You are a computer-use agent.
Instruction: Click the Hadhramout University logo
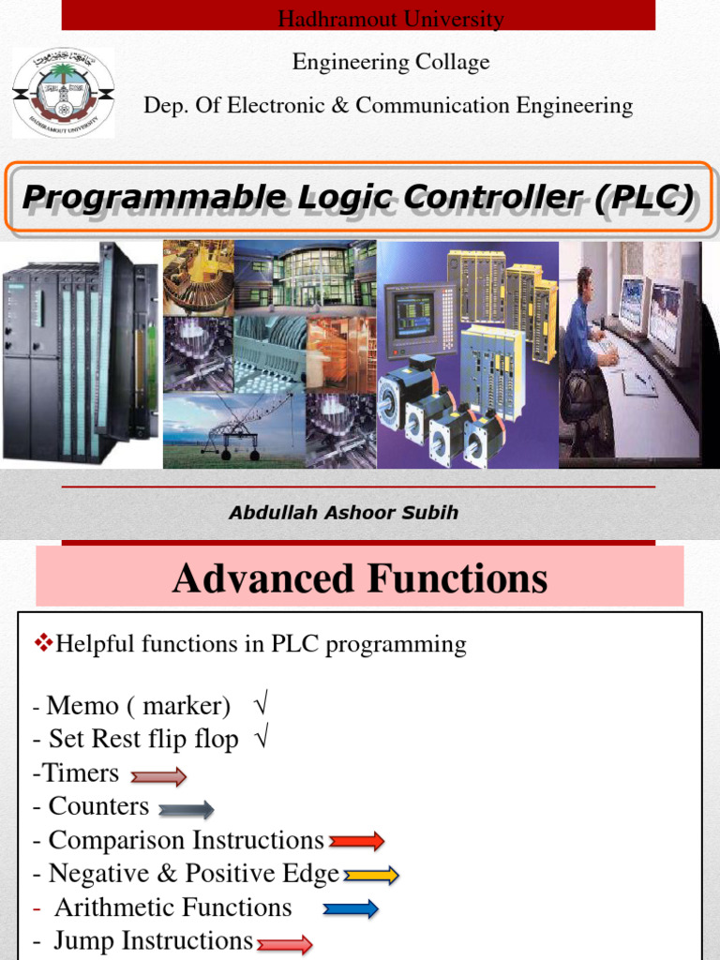click(63, 93)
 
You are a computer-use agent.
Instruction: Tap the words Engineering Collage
click(390, 63)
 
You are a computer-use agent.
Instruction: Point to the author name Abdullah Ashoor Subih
click(343, 513)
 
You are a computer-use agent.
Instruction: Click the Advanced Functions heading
click(359, 578)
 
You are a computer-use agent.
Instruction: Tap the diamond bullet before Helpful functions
click(44, 643)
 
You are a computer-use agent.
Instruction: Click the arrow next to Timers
click(158, 776)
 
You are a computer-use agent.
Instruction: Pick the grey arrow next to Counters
click(186, 810)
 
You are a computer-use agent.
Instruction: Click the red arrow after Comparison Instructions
click(356, 841)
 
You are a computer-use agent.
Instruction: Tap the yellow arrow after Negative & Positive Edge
click(371, 876)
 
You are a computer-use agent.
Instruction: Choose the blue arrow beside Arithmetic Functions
click(351, 908)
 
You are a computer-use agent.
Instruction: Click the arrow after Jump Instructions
click(284, 945)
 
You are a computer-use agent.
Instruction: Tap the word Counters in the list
click(98, 806)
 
